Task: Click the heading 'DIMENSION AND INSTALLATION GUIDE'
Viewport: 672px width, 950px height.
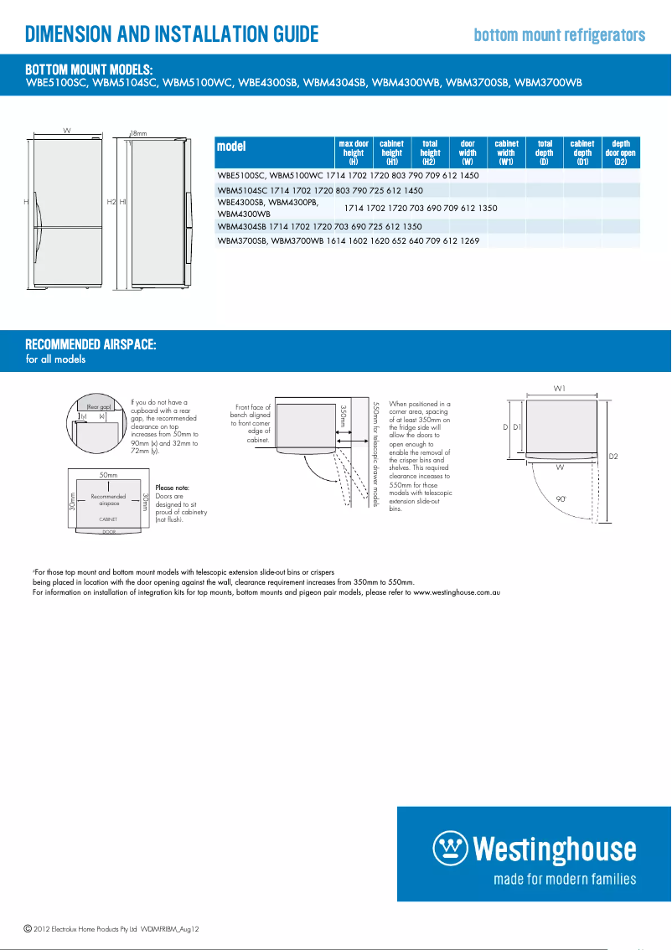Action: pos(172,34)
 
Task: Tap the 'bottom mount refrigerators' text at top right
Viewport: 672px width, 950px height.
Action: pos(559,35)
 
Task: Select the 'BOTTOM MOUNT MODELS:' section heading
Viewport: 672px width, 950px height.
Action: pos(89,69)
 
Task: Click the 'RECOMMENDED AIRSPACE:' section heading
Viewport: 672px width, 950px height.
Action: pos(90,345)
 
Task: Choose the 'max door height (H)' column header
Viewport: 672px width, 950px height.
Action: pos(354,152)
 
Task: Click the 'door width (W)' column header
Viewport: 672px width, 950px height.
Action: pos(468,152)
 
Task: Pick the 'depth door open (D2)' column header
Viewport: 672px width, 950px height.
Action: pos(621,152)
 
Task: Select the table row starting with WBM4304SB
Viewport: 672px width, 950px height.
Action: pos(319,226)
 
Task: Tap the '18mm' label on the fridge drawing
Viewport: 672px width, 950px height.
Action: pos(138,132)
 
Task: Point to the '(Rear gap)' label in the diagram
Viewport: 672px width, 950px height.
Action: pos(99,406)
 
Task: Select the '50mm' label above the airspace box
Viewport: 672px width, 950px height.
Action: pos(108,475)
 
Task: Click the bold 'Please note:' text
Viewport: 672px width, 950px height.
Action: pos(173,488)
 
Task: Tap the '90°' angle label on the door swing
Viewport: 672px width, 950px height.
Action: pos(561,498)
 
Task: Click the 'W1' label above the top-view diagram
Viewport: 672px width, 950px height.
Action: pos(559,388)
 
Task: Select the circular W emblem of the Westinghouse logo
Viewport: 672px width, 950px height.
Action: pos(450,849)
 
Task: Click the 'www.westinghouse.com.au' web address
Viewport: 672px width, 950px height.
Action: pos(457,592)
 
